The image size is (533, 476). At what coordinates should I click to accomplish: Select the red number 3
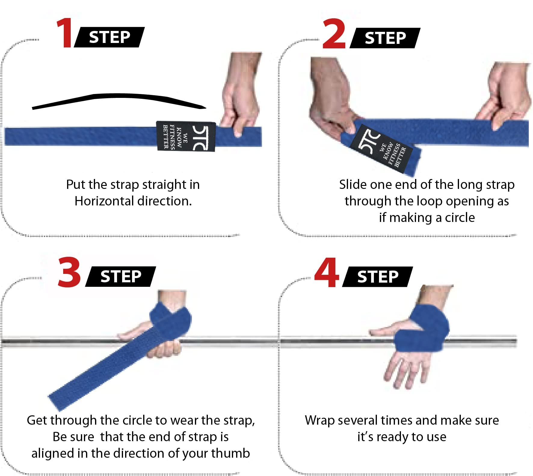(69, 272)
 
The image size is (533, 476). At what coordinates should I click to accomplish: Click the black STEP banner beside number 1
(109, 37)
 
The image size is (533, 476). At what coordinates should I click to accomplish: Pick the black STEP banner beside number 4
(377, 276)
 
